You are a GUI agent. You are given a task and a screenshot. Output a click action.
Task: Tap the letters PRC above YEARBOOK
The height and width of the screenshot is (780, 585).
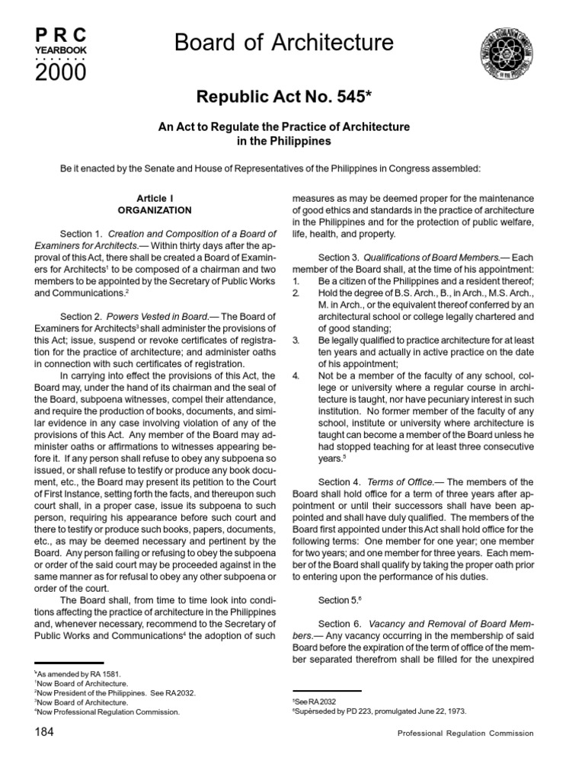(x=61, y=34)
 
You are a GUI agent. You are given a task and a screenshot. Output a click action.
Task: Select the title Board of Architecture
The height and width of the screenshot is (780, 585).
(x=284, y=43)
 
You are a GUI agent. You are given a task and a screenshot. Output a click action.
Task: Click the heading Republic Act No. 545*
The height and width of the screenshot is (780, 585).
(x=292, y=96)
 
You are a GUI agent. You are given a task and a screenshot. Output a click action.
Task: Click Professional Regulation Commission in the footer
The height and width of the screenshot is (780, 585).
(x=465, y=734)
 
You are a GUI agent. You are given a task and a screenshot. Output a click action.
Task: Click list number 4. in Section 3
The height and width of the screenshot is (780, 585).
(x=297, y=376)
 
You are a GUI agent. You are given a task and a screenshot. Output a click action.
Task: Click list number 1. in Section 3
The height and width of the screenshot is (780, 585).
(x=297, y=281)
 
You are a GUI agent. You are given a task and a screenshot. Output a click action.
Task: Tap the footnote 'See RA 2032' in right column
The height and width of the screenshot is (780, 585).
(x=314, y=700)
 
